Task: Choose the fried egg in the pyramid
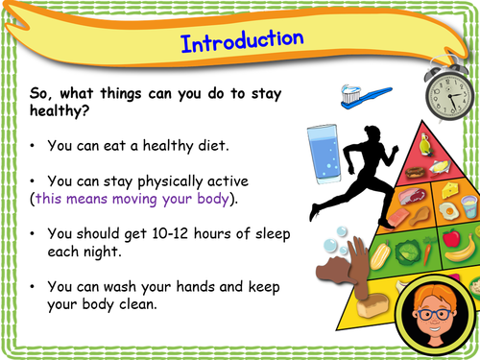448,208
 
